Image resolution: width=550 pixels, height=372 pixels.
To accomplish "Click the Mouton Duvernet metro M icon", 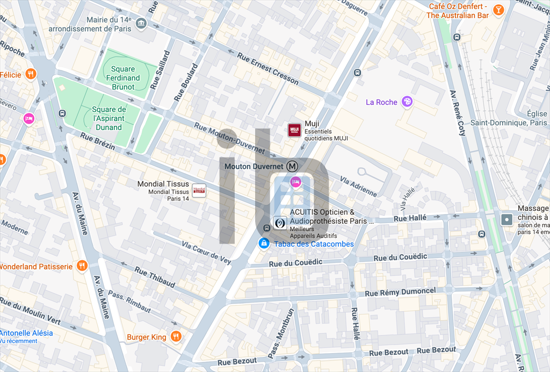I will click(292, 166).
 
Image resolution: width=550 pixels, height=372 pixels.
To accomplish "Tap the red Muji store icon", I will click(294, 130).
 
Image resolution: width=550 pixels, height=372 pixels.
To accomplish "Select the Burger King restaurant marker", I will click(176, 337).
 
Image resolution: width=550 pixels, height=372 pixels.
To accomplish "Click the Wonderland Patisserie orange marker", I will click(82, 266).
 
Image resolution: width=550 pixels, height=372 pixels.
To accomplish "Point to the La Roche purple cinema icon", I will click(408, 102).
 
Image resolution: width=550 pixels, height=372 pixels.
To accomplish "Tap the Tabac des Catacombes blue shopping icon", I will click(264, 244).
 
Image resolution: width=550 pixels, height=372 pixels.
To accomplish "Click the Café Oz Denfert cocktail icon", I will click(499, 10).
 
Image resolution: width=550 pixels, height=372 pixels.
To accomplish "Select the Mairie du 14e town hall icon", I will click(141, 23).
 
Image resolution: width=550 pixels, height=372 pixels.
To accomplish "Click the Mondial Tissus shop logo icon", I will click(199, 190).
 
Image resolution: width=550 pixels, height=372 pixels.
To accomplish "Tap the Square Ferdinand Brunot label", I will click(123, 77).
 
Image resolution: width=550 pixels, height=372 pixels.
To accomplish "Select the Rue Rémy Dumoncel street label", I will click(400, 292).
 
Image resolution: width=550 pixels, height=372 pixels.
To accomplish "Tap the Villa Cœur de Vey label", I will click(206, 252).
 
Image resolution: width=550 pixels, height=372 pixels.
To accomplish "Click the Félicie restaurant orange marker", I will click(31, 74).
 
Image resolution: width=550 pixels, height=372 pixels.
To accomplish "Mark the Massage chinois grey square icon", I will click(506, 219).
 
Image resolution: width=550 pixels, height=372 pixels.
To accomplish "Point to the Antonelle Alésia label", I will click(26, 333).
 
